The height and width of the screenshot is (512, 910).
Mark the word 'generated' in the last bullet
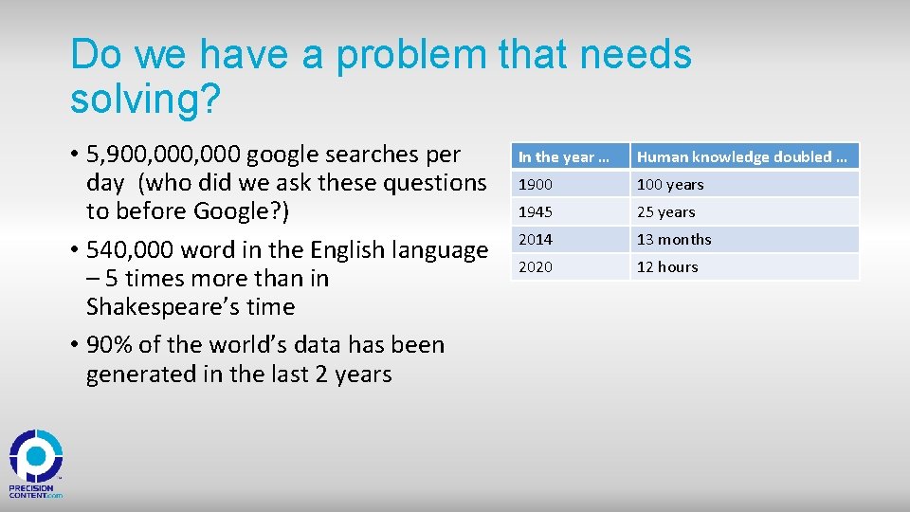pos(140,375)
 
